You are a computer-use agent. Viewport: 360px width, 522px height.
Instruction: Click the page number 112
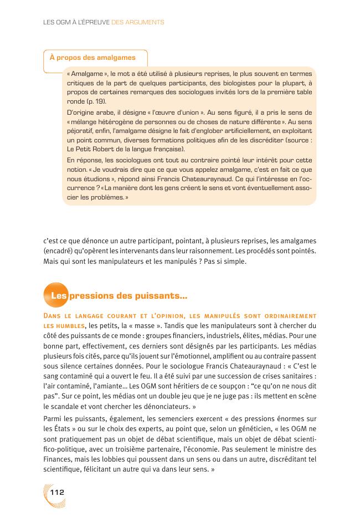coord(58,492)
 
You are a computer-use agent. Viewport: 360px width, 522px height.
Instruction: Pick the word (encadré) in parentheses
coord(58,250)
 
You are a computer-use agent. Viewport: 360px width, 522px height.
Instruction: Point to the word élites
coord(250,335)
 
